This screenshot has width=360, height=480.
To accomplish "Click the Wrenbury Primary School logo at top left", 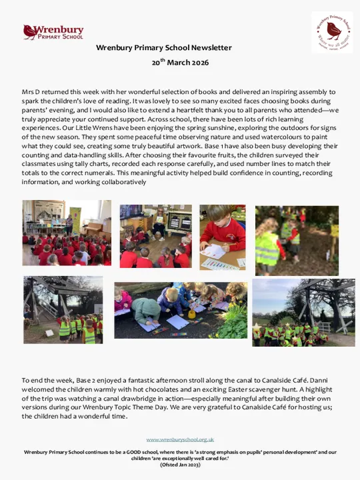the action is pyautogui.click(x=53, y=32).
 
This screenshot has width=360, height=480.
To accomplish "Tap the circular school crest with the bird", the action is pyautogui.click(x=332, y=32).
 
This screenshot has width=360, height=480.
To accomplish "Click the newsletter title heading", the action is pyautogui.click(x=164, y=48).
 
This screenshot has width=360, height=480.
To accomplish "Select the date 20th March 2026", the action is pyautogui.click(x=180, y=63).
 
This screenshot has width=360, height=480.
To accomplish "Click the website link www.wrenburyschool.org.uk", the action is pyautogui.click(x=180, y=439).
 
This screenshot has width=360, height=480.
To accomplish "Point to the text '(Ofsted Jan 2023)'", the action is pyautogui.click(x=180, y=465).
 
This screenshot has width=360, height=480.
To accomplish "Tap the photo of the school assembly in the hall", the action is pyautogui.click(x=67, y=233).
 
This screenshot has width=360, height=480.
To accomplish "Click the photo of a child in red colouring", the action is pyautogui.click(x=223, y=237).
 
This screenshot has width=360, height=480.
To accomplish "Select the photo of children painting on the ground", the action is pyautogui.click(x=181, y=310).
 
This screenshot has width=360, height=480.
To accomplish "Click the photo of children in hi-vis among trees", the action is pyautogui.click(x=297, y=241).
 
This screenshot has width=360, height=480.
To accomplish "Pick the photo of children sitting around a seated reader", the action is pyautogui.click(x=155, y=236).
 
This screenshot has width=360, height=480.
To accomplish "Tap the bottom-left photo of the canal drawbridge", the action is pyautogui.click(x=63, y=310).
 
